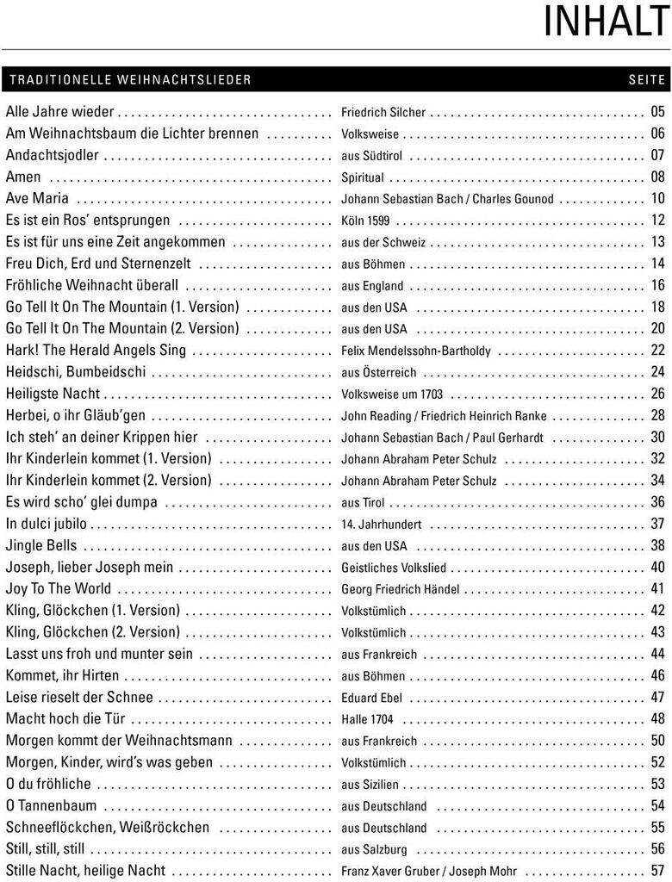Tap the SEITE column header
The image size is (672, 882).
coord(647,80)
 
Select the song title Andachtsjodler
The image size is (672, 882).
coord(53,155)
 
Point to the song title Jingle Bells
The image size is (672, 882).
coord(41,545)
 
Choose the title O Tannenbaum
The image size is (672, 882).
coord(51,805)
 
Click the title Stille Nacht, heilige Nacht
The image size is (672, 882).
coord(85,871)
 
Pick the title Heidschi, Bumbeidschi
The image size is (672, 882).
coord(76,372)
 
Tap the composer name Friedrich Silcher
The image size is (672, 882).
coord(383,113)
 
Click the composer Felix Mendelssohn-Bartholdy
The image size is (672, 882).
coord(416,351)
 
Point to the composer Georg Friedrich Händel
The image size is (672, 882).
coord(401,589)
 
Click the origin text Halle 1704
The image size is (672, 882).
coord(367,719)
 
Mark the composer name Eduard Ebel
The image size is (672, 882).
coord(372,698)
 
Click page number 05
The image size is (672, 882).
coord(658,112)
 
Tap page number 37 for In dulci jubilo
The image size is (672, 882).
coord(658,524)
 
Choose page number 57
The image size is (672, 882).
coord(658,871)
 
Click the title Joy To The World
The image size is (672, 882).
coord(59,588)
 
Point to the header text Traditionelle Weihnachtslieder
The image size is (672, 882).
coord(130,80)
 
